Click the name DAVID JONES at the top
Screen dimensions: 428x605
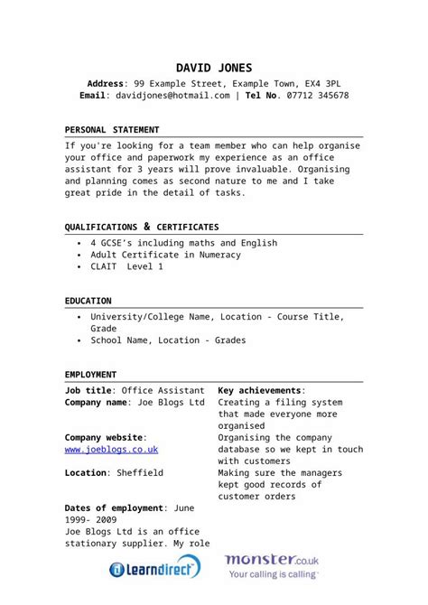[214, 68]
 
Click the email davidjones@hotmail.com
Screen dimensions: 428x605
[170, 95]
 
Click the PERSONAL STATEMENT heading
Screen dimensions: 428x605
[112, 130]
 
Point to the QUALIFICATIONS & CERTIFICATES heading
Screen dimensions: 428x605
[142, 227]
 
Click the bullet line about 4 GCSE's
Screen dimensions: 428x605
[183, 243]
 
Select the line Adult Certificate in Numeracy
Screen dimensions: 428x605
[165, 255]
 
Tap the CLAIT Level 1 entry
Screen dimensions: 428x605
[126, 267]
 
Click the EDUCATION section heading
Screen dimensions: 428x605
[88, 301]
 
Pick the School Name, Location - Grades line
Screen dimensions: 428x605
[168, 340]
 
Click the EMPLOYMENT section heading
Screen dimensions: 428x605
[91, 374]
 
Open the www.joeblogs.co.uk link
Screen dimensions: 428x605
[111, 449]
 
